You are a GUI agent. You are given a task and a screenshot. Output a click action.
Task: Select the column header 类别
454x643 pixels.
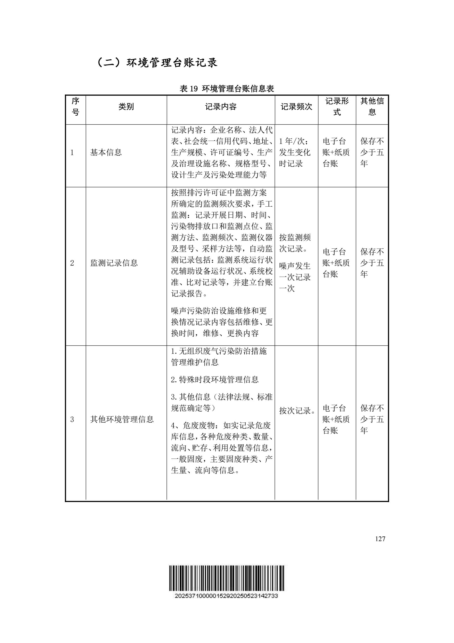[x=126, y=107]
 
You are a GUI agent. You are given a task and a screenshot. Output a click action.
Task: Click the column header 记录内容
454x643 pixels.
[x=221, y=107]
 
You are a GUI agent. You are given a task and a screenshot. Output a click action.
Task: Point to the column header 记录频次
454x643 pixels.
[x=296, y=107]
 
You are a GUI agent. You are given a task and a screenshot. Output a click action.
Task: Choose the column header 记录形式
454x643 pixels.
[x=337, y=107]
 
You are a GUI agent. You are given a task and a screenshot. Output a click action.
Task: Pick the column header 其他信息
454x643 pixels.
[x=372, y=107]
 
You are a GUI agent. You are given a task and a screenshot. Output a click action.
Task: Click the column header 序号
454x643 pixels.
[x=76, y=107]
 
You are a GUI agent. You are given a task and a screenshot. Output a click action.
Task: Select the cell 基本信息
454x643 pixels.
[x=106, y=153]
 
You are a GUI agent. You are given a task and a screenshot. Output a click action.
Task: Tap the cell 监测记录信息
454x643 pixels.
[x=114, y=263]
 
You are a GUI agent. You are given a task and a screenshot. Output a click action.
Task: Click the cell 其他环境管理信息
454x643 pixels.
[x=122, y=419]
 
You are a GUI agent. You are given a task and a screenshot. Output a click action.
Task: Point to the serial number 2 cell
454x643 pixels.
[x=72, y=263]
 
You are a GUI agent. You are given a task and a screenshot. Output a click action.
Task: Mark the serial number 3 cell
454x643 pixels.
[x=72, y=419]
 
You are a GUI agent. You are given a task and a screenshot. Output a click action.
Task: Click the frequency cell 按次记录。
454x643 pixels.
[x=297, y=411]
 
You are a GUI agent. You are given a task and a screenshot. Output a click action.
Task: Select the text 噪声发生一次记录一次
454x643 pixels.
[x=295, y=277]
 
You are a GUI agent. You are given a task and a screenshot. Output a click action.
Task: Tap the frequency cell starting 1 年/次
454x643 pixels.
[x=295, y=153]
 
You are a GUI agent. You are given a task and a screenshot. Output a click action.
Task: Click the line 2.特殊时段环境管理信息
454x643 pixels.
[x=215, y=380]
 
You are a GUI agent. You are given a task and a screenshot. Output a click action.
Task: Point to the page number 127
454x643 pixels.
[x=380, y=539]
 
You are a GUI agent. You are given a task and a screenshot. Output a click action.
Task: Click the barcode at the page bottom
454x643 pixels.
[x=226, y=578]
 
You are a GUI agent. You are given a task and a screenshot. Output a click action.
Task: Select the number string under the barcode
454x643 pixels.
[x=226, y=596]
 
